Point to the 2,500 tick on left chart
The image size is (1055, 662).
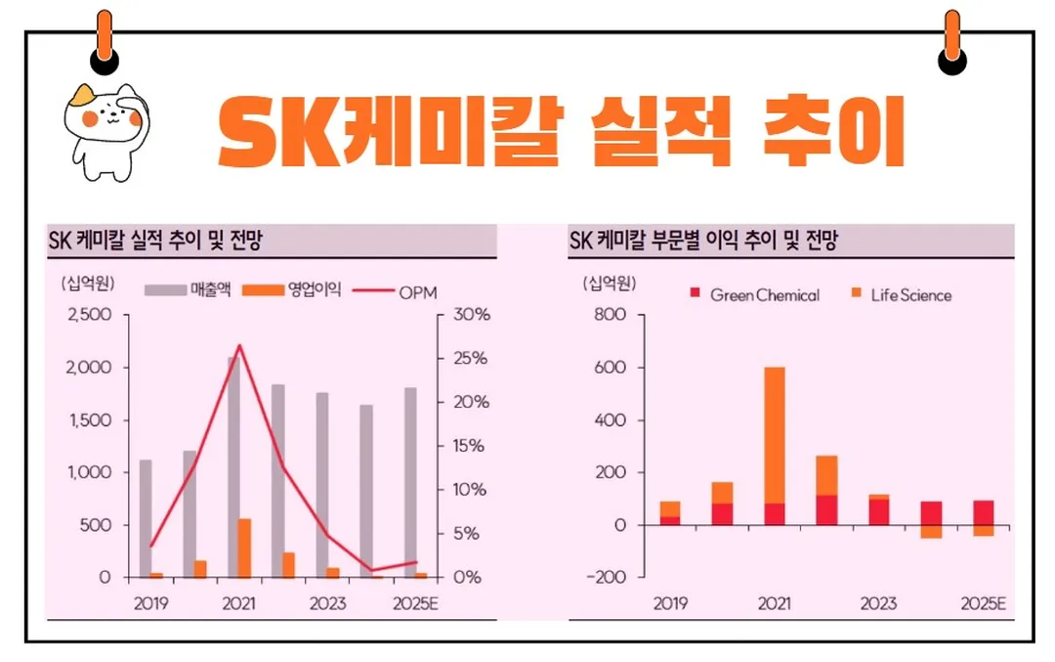click(x=90, y=316)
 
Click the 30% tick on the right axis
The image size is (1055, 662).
click(x=469, y=316)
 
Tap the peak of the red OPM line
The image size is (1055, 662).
click(x=240, y=345)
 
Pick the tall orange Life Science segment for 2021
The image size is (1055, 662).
click(x=774, y=435)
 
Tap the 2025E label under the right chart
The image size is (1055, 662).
click(x=982, y=603)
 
